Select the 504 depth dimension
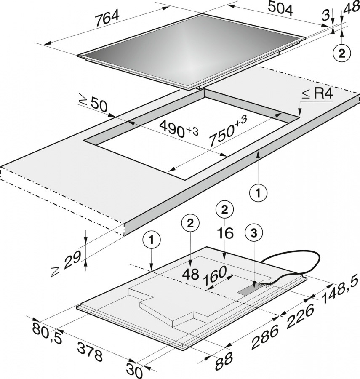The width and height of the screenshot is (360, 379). pos(280,9)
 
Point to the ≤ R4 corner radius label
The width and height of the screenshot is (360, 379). pos(317,93)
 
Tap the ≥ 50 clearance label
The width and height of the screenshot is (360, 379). pos(93,104)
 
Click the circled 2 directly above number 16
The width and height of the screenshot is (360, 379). pos(225,210)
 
